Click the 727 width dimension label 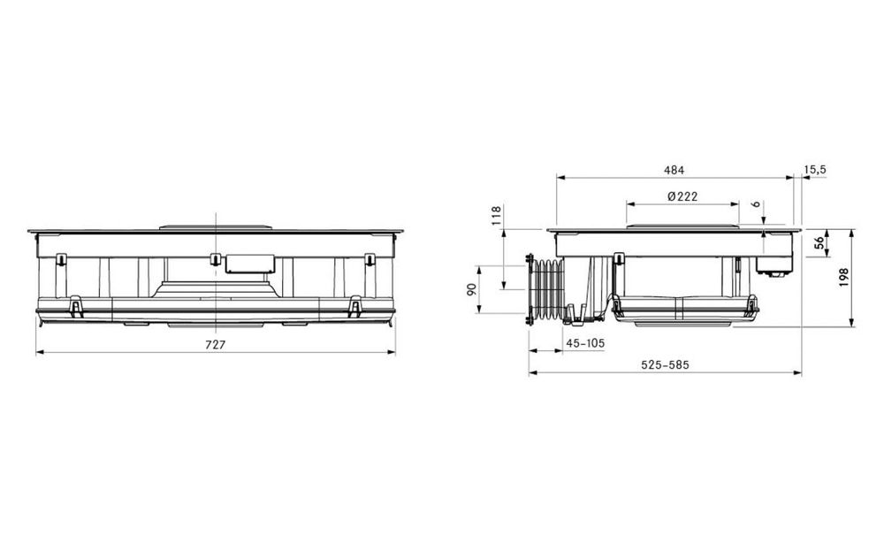point(216,345)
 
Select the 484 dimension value point(674,170)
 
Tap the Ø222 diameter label point(682,196)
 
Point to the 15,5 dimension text point(815,169)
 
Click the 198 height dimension point(843,278)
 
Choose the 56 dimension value point(819,242)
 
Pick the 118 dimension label point(496,216)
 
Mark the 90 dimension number point(472,289)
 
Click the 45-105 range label point(585,343)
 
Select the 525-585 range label point(666,364)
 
